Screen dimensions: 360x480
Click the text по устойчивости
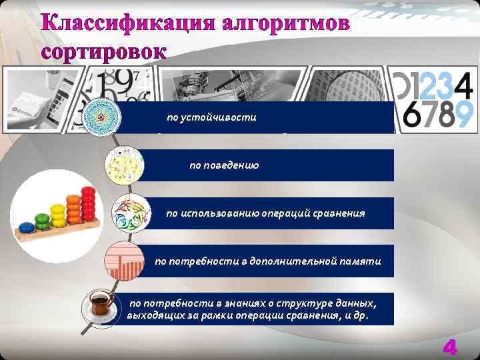[211, 117]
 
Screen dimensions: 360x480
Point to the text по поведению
[224, 165]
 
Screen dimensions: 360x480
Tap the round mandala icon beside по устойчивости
[101, 117]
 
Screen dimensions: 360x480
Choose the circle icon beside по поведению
[125, 165]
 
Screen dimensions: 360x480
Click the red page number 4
[450, 347]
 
